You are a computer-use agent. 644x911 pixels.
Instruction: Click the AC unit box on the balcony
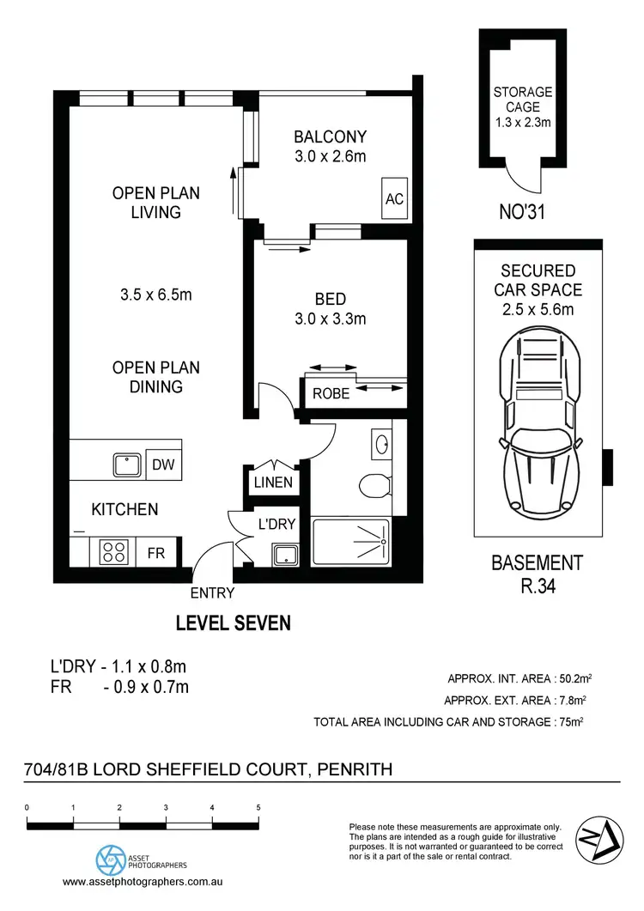coord(394,198)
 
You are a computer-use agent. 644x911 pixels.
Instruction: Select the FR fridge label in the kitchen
coord(155,553)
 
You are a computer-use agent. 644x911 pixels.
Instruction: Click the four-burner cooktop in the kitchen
coord(113,550)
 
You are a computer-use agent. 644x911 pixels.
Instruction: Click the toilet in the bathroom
coord(374,486)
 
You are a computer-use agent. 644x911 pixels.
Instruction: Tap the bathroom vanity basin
coord(383,445)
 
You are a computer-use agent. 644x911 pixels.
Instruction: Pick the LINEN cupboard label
coord(273,483)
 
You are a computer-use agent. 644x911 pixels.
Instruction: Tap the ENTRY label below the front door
coord(212,592)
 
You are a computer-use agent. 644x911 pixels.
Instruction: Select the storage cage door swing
coord(523,176)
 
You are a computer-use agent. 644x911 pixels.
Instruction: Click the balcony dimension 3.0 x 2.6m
coord(330,156)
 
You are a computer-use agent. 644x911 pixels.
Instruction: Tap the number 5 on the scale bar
coord(258,808)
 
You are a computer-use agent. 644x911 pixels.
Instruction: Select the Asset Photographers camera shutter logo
coord(109,858)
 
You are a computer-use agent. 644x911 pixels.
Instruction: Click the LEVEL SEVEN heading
coord(233,623)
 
